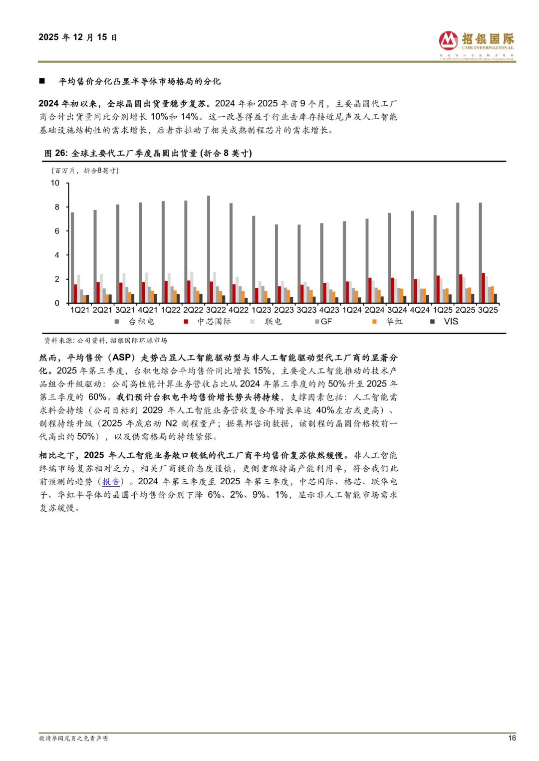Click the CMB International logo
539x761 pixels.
476,44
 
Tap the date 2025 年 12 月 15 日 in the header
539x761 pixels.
78,37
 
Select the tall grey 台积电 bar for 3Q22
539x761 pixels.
209,249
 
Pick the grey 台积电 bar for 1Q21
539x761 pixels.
72,257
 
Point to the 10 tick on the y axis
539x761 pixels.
55,183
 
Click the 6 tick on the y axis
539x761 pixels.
57,231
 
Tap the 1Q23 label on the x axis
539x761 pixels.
261,310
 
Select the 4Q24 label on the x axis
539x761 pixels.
420,310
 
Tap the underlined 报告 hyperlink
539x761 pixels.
111,482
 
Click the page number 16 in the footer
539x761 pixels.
512,738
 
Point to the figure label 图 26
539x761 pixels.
55,154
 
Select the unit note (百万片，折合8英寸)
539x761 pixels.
85,171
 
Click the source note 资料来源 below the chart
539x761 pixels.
105,341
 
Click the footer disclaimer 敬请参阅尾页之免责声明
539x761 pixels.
73,739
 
